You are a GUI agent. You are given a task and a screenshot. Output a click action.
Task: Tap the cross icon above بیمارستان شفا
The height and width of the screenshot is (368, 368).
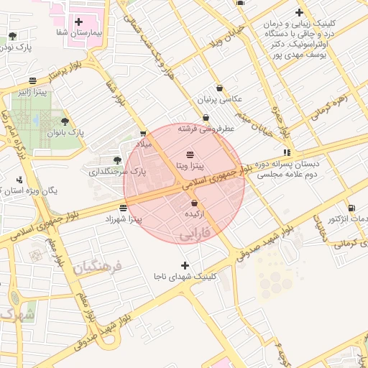pos(78,22)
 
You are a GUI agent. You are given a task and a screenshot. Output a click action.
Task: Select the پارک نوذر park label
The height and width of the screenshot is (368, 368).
pos(16,47)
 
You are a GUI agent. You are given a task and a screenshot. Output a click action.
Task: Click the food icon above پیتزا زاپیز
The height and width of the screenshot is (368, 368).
pos(33,81)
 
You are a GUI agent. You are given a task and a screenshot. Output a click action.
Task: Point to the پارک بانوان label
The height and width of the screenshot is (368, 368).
pos(66,133)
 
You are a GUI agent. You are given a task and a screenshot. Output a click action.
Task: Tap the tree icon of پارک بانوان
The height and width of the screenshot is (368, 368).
pos(65,121)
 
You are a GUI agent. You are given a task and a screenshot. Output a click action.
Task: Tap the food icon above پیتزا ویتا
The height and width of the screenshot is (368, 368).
pos(190,155)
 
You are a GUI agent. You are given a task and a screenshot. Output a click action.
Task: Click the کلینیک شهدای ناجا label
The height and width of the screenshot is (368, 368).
pos(185,276)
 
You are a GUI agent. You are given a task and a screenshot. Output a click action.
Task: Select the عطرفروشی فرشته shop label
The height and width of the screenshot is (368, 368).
pos(207,128)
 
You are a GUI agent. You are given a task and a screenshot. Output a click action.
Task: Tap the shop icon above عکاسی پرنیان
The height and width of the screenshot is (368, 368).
pos(218,88)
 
